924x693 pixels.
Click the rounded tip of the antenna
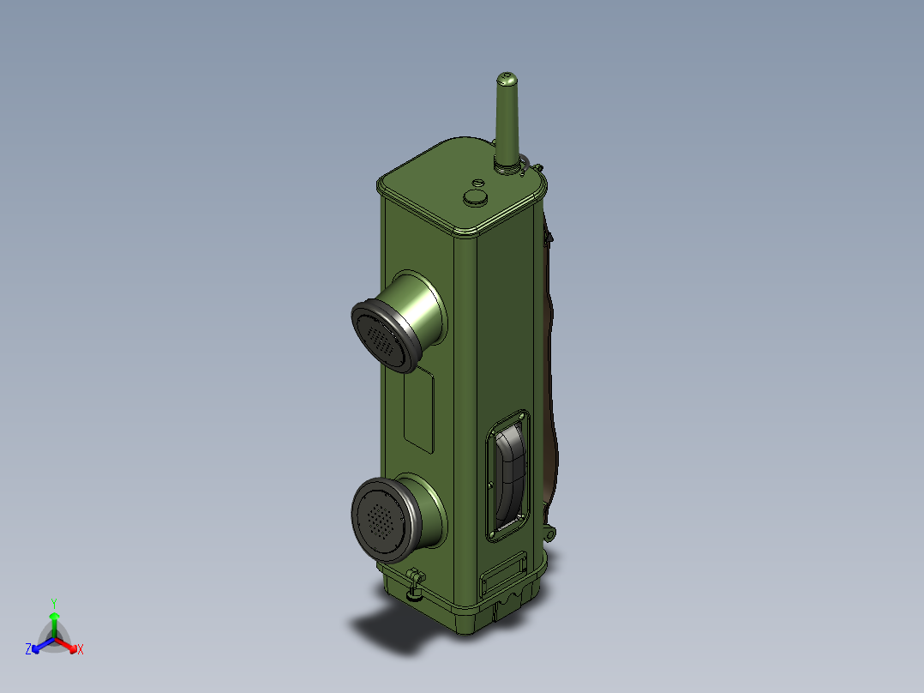pos(507,77)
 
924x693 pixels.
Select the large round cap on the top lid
pos(476,197)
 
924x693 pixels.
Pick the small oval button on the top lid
pos(478,183)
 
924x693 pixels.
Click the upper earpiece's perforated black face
pos(381,339)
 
